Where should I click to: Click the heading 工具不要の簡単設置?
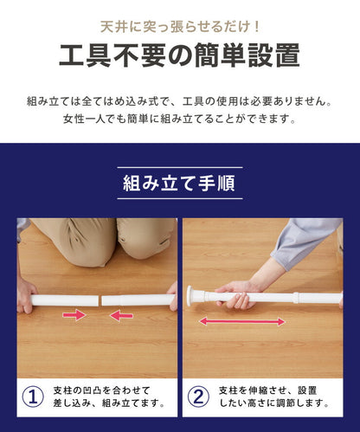179,55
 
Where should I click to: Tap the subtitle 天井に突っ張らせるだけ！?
180,27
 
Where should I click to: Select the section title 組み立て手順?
179,183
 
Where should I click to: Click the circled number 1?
33,397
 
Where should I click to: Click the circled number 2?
198,397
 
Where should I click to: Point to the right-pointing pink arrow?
74,315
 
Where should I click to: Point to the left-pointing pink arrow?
121,315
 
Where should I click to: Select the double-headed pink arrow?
241,321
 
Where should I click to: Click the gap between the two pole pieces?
100,300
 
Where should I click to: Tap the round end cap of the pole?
190,296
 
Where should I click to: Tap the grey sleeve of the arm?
305,242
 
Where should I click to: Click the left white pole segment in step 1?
65,300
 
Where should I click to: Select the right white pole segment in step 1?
138,300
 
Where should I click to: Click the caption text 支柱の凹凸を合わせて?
101,390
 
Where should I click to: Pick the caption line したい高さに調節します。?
274,403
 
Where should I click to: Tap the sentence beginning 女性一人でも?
179,119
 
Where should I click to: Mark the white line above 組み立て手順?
180,167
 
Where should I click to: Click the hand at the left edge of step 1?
26,296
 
